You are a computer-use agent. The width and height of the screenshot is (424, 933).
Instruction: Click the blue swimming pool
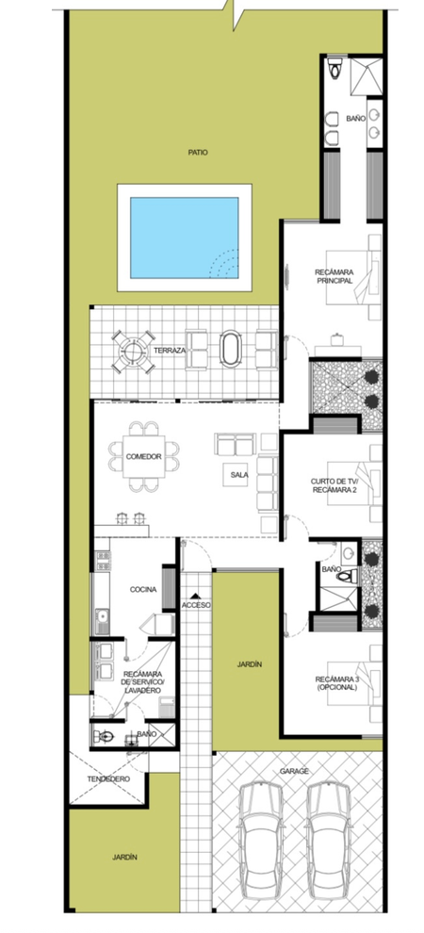(x=185, y=238)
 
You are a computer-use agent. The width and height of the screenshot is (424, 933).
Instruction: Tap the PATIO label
(x=198, y=153)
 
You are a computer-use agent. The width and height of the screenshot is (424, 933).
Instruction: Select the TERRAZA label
(x=170, y=351)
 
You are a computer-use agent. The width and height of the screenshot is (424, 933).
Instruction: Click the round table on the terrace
(x=134, y=352)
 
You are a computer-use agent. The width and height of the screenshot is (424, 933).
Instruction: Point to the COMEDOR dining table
(x=144, y=457)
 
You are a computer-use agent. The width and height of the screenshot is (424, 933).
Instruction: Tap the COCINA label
(x=143, y=590)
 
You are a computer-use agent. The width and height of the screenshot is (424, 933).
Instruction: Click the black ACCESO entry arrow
(x=195, y=595)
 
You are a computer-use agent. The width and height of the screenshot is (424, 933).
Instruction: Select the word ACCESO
(x=196, y=605)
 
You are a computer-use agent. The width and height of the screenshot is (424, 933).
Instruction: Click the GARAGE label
(x=294, y=771)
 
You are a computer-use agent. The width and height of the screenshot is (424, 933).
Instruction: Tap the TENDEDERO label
(x=108, y=778)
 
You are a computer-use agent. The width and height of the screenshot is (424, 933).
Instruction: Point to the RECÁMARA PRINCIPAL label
(x=334, y=276)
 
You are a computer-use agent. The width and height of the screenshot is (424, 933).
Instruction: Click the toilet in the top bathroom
(x=336, y=68)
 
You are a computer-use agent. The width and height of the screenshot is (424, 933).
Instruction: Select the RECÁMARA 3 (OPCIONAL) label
(x=336, y=683)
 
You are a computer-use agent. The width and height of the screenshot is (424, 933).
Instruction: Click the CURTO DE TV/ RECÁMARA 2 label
(x=333, y=485)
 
